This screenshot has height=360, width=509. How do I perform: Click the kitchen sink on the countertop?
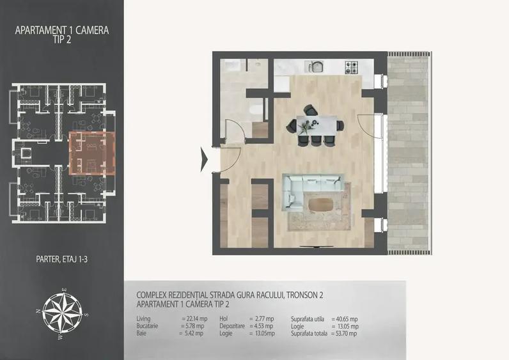click(315, 67)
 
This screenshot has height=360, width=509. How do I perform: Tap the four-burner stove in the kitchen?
click(352, 67)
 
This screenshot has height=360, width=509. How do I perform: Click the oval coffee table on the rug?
click(321, 205)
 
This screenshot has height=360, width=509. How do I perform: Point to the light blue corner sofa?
click(308, 190)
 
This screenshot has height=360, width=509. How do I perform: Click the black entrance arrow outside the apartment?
click(204, 159)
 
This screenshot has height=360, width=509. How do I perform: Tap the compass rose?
click(62, 313)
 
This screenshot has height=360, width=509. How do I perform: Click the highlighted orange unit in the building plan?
click(92, 153)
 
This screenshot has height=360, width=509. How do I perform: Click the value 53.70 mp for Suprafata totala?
click(346, 333)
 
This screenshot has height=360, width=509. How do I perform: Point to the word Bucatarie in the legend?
click(147, 326)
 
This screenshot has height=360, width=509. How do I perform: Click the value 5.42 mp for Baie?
click(194, 333)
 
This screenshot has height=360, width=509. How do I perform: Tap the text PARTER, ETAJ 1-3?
click(61, 260)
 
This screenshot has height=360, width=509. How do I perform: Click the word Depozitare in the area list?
click(232, 326)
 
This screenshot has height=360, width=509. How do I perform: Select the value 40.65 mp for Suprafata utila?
click(347, 319)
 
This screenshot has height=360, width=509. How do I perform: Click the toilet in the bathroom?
click(256, 112)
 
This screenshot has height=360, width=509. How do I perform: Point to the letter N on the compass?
click(38, 311)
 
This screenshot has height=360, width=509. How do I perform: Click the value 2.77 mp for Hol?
click(264, 319)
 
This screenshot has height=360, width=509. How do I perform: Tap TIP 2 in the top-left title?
click(61, 40)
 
